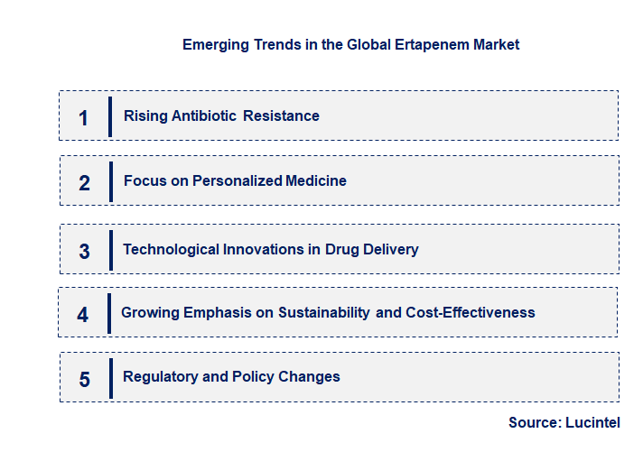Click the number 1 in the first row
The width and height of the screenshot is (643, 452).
click(x=83, y=117)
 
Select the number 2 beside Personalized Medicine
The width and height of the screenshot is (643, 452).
click(x=84, y=183)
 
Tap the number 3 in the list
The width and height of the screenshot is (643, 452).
click(x=84, y=252)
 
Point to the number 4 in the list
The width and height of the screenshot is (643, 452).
click(x=83, y=315)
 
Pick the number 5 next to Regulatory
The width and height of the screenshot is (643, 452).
click(x=84, y=380)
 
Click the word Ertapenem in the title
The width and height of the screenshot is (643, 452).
click(x=427, y=44)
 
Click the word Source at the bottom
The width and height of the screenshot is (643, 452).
click(x=533, y=422)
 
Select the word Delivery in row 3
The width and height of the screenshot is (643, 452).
click(x=389, y=249)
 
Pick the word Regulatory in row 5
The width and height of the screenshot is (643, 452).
click(x=161, y=376)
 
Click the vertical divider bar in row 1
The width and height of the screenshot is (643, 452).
click(x=109, y=116)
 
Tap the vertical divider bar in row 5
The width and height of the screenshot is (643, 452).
click(x=110, y=378)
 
